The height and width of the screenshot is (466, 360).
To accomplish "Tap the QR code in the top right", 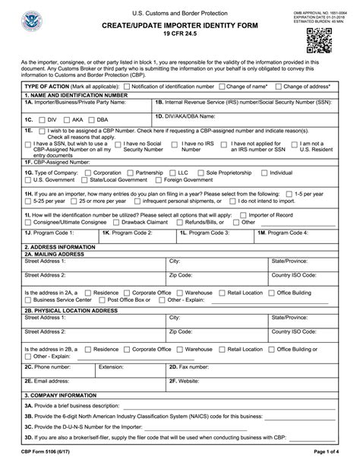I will (x=319, y=40).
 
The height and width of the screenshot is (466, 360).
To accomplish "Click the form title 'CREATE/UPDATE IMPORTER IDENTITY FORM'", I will (x=180, y=25).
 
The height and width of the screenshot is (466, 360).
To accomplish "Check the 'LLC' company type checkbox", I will (x=172, y=173).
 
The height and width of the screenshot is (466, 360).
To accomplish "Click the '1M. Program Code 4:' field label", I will (x=283, y=232).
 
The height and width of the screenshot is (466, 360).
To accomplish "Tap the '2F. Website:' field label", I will (x=184, y=380).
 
